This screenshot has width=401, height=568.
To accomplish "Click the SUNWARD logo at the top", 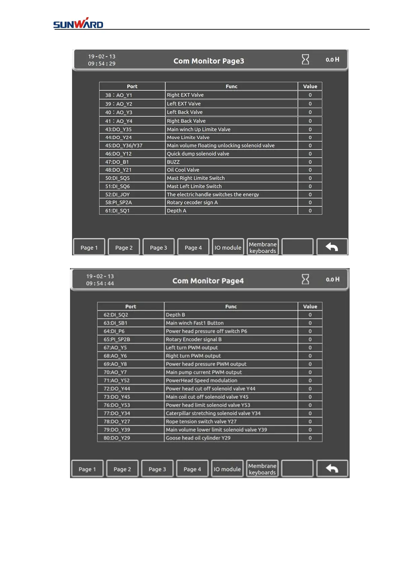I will pos(78,24).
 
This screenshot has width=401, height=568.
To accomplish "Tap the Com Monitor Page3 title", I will pos(209,61).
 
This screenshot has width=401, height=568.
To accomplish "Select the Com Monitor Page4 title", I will pos(208,281).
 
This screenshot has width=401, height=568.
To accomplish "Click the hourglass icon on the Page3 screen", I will pos(305,59).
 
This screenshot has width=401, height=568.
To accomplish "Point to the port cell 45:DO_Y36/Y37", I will pos(124,146).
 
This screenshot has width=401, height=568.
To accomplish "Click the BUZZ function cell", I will pos(173,162).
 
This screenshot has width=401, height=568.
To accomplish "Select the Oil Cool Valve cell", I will pos(183,170).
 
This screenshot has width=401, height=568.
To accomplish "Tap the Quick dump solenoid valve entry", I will pos(198,154).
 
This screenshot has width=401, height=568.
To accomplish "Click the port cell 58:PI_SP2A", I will pos(119,202).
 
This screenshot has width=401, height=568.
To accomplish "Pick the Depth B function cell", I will pos(175,315).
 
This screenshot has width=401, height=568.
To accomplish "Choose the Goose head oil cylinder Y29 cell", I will pos(198,438).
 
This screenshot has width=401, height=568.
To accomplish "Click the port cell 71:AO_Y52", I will pos(116,380).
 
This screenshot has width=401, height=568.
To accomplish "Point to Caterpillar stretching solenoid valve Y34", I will pos(213,413).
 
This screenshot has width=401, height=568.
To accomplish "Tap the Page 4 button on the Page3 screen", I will pos(193,248).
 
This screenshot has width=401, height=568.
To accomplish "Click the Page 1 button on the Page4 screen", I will pos(87,469).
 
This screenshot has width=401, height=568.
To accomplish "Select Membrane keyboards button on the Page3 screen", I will pos(263,248).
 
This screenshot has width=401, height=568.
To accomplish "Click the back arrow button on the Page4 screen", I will pos(332,469).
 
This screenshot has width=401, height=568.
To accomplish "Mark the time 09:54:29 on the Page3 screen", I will pos(102,64).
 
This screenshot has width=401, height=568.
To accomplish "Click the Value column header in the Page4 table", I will pos(310,307).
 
